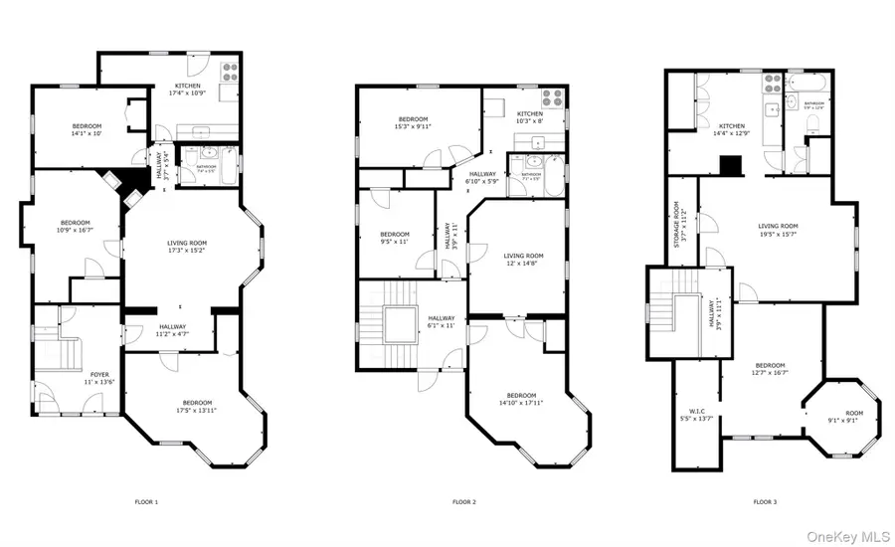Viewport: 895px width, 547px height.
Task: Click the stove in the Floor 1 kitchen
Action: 228,72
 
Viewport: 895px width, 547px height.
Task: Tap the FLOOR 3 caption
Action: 765,502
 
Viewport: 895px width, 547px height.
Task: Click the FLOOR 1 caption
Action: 146,502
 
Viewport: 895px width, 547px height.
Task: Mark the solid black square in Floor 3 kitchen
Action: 732,166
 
